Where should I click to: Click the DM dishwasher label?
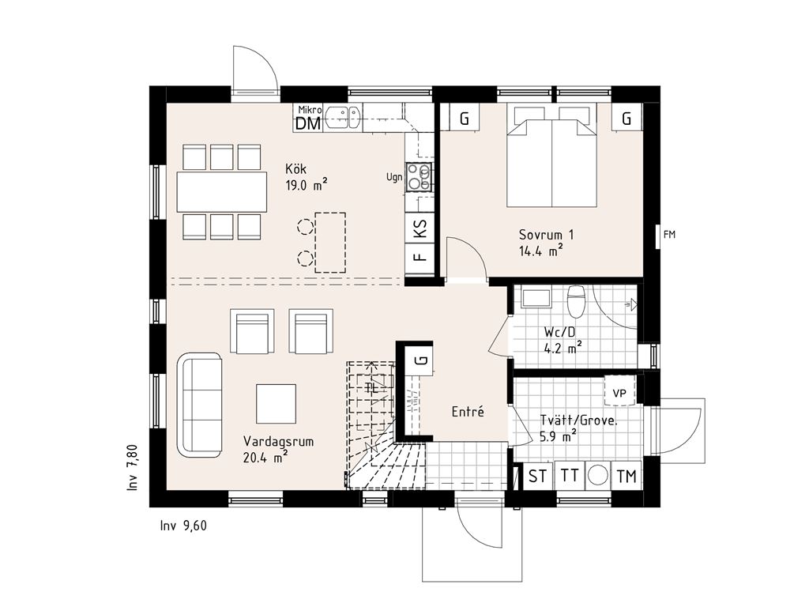[x=308, y=123]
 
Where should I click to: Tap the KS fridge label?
[x=420, y=229]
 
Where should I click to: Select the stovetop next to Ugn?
[x=420, y=177]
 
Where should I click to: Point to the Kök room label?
[x=296, y=168]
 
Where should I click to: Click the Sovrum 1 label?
[x=546, y=235]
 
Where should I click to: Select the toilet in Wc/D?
[x=576, y=301]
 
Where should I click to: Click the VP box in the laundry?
[x=620, y=392]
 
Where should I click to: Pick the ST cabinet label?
[x=538, y=477]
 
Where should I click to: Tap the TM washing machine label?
[x=627, y=477]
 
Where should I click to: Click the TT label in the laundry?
[x=569, y=477]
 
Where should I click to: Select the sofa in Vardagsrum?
[x=199, y=405]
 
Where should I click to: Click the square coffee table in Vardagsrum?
[x=276, y=403]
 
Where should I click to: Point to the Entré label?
[x=468, y=412]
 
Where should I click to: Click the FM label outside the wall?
[x=670, y=234]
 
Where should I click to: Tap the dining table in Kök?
[x=222, y=191]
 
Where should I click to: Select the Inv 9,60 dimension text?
[x=182, y=526]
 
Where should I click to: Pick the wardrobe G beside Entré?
[x=422, y=360]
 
